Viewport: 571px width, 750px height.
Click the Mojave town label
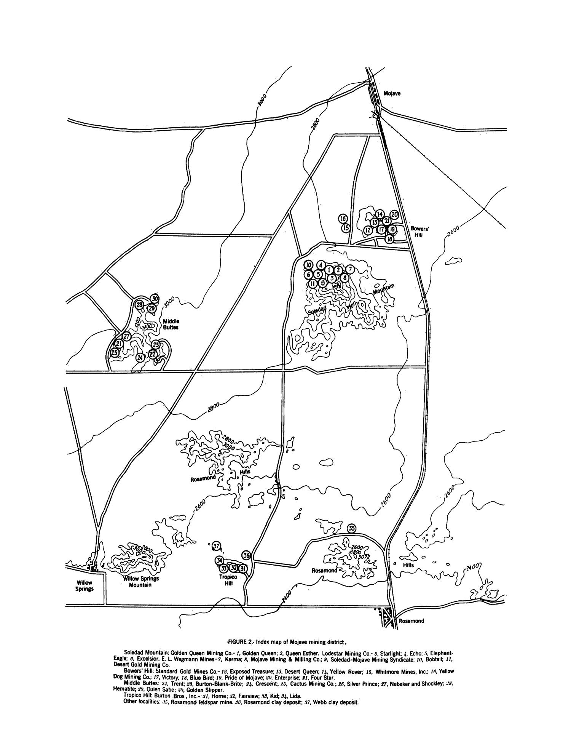tap(392, 93)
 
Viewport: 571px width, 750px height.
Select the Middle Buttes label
tap(171, 324)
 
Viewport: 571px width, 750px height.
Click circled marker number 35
tap(352, 528)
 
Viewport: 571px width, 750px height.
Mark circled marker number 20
tap(394, 215)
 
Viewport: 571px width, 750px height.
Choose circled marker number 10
tap(308, 265)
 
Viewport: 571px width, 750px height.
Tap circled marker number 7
tap(350, 269)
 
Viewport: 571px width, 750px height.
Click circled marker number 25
tap(114, 353)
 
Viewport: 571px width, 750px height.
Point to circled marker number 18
tap(389, 239)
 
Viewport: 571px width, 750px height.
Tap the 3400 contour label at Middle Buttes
tap(147, 327)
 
